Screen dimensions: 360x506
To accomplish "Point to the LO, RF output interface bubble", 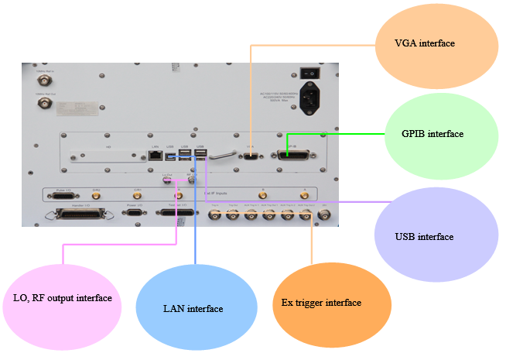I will point(63,298).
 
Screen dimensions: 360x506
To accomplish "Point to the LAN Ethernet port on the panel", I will point(155,155).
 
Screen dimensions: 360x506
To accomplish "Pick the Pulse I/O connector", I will point(58,194).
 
